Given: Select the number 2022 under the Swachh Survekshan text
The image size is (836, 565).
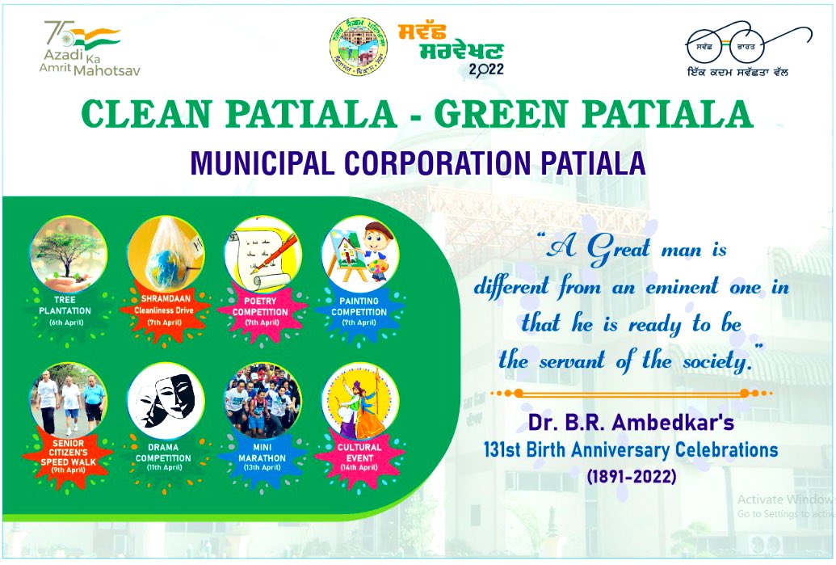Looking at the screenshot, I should coord(485,69).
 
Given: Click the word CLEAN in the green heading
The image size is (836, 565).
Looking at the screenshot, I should coord(137,116).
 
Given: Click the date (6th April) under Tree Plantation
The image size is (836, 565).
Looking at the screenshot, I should coord(68,323).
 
